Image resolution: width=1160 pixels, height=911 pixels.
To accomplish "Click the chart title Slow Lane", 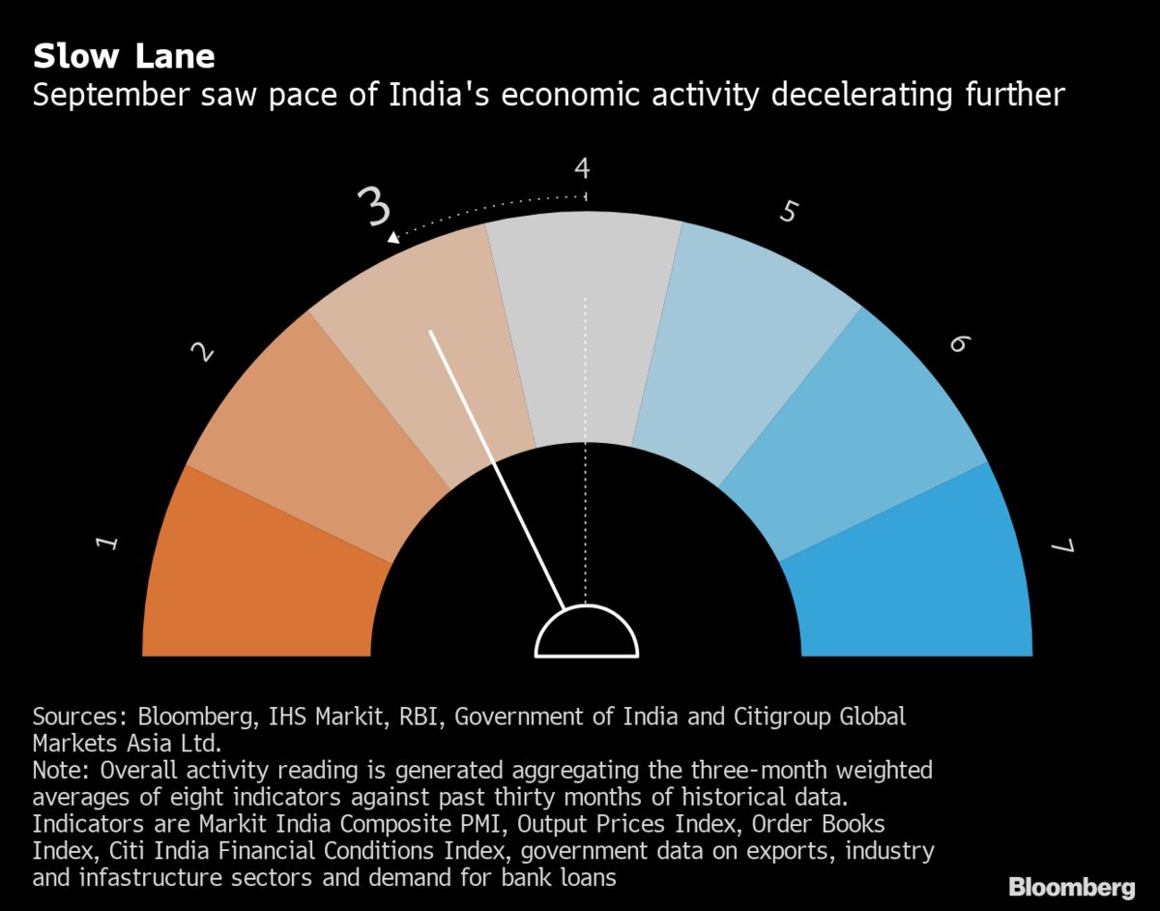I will coord(124,56).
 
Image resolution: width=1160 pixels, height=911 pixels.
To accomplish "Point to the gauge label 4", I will coord(582,169).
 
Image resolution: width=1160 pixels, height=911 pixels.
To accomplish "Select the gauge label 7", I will coord(1061,547).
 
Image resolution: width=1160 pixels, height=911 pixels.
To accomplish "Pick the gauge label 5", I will coord(788,211).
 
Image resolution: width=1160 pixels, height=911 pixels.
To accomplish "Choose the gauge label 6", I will coord(957,343).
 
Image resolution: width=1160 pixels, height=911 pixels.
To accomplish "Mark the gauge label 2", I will coord(203,351).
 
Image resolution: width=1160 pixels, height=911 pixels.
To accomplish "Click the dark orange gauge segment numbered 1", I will coord(261,571).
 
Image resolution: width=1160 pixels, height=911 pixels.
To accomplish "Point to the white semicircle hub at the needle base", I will coord(587,634).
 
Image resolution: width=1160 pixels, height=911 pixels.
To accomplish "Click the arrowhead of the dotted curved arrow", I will coord(392,237).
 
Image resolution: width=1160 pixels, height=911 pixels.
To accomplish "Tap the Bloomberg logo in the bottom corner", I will coord(1071,887).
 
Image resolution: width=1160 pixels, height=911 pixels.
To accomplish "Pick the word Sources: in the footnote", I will coord(80,717).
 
